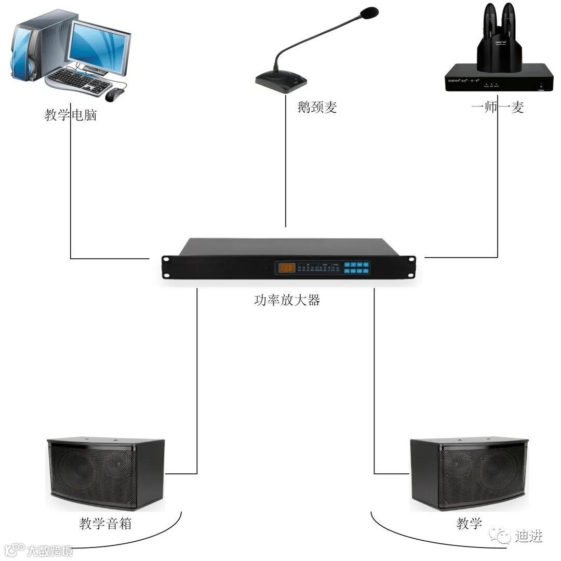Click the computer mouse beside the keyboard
(115, 94)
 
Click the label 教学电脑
(71, 115)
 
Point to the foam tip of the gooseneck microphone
(369, 12)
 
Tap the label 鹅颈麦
(317, 108)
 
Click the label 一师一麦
(498, 107)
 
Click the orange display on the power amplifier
(287, 268)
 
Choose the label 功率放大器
(287, 300)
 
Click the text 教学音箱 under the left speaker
(105, 523)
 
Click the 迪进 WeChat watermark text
(529, 536)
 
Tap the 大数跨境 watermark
(49, 550)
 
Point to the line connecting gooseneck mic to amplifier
(286, 166)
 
